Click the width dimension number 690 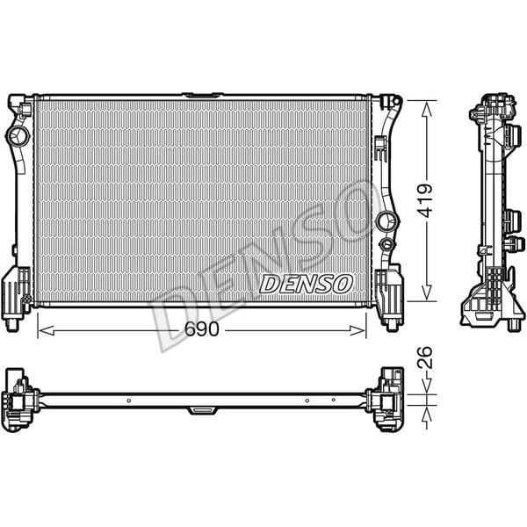coord(201,330)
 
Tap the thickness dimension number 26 coord(425,357)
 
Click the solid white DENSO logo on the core coord(307,283)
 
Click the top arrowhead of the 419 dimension coord(427,105)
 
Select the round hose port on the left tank coord(18,137)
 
